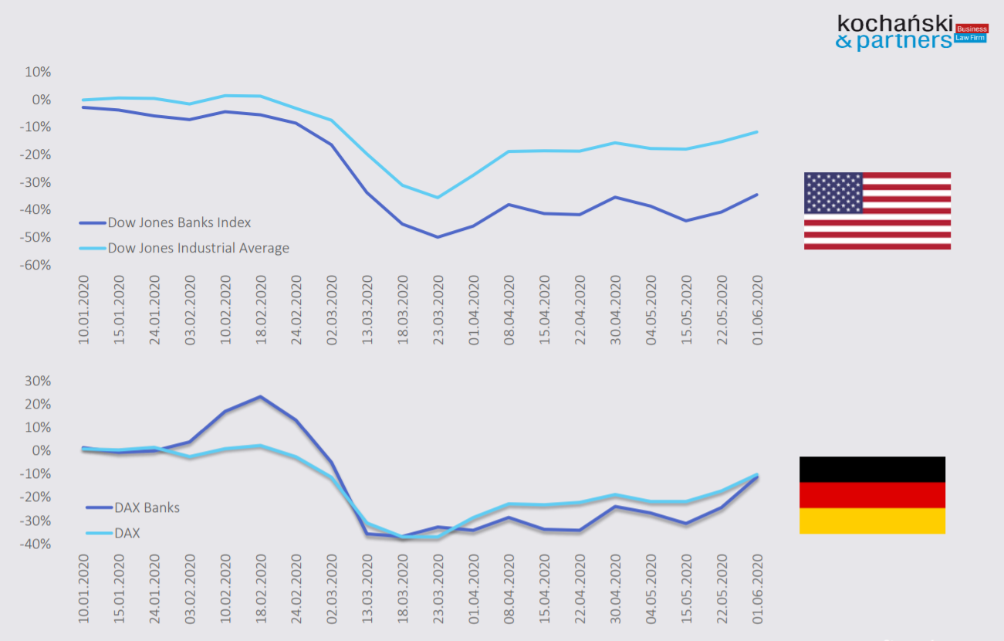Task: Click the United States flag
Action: [877, 211]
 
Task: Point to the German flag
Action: [872, 495]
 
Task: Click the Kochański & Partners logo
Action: [911, 32]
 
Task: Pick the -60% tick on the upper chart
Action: [37, 265]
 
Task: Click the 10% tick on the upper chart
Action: [38, 72]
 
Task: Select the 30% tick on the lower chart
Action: [38, 381]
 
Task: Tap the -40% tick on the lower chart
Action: [37, 544]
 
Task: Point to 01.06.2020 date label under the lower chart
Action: [758, 588]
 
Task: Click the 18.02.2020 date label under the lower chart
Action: [261, 588]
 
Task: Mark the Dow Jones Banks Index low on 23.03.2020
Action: [438, 236]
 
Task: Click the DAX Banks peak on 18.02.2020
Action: [261, 397]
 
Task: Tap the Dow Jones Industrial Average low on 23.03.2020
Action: [438, 198]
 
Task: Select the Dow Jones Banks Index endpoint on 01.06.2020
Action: [757, 195]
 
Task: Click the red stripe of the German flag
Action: [872, 495]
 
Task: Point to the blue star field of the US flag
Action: [833, 193]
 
